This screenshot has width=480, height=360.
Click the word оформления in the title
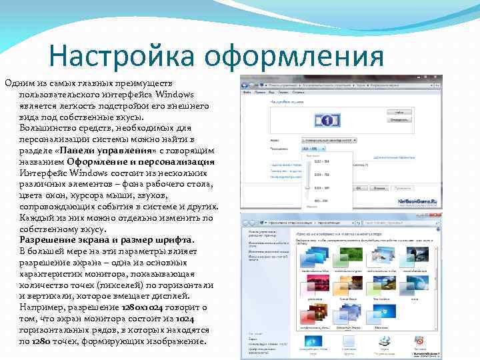pos(294,56)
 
